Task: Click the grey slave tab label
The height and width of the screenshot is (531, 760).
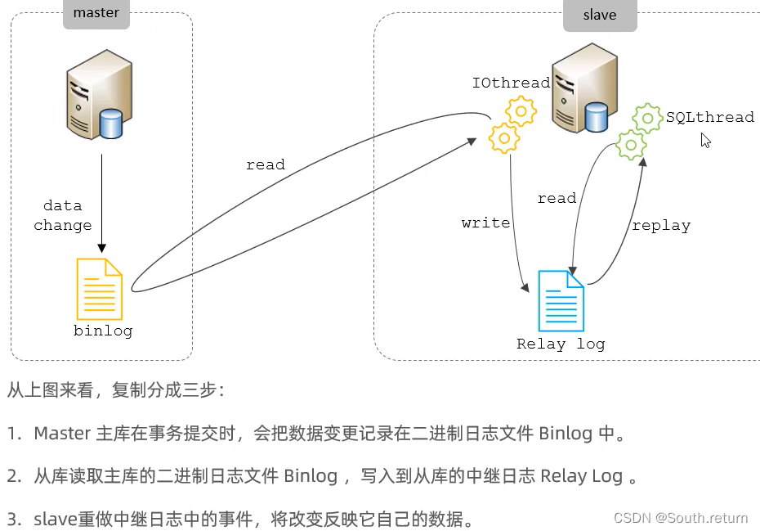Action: (x=600, y=15)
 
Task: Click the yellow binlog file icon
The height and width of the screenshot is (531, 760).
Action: (x=99, y=289)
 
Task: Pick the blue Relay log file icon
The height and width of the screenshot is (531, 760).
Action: (x=561, y=300)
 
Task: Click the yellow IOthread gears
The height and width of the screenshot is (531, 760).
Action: (x=512, y=124)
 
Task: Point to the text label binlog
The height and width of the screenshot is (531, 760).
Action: (x=103, y=331)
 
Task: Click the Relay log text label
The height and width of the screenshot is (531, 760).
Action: (x=561, y=344)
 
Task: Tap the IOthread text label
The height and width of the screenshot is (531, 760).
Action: (x=511, y=83)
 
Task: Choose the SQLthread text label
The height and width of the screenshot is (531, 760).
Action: (x=709, y=117)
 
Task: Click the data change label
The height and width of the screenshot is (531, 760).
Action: (x=63, y=215)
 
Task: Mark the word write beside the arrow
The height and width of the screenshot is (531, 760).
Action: (x=485, y=223)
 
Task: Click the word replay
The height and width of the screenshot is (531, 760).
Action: (x=661, y=225)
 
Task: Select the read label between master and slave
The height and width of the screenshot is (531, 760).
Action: (x=266, y=164)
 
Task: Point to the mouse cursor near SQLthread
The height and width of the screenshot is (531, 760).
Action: (x=705, y=140)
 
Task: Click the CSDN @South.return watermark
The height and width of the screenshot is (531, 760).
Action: (x=680, y=518)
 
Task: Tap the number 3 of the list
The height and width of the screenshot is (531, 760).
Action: (x=13, y=520)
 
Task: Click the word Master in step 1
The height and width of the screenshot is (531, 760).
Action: (x=61, y=434)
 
